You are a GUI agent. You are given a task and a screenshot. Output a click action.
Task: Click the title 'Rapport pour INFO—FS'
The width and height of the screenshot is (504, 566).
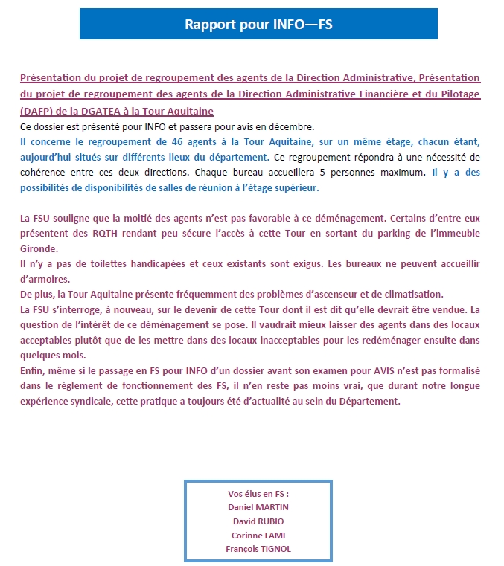[x=258, y=24]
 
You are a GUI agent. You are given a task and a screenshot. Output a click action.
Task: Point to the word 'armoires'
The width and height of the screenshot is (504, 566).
[x=45, y=280]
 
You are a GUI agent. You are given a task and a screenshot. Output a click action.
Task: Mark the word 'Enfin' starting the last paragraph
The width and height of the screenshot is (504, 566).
[x=32, y=371]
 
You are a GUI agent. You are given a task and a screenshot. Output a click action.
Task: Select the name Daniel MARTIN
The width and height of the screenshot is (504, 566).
[x=258, y=506]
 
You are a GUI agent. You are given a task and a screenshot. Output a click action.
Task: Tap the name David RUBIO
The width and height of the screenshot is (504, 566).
[x=258, y=521]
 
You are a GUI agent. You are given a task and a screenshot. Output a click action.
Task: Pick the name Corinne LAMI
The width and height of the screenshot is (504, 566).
[x=258, y=535]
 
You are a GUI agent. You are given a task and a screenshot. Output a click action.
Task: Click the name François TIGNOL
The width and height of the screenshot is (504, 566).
[x=258, y=549]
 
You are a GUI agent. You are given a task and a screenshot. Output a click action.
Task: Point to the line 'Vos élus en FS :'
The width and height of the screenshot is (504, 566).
[x=258, y=494]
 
